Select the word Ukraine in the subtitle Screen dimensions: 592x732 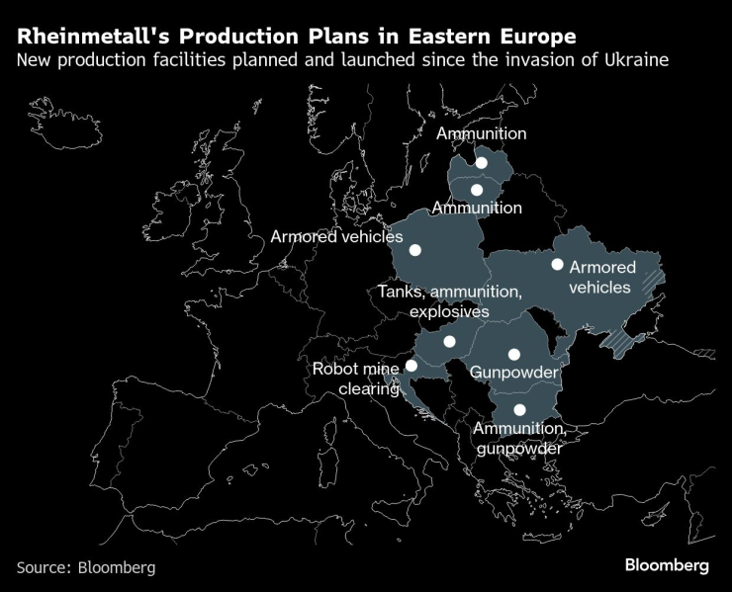tap(639, 61)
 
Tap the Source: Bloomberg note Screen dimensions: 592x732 tap(86, 567)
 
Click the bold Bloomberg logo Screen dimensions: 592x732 tap(666, 565)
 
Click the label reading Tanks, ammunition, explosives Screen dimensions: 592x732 tap(449, 301)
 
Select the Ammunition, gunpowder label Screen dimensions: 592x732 tap(518, 438)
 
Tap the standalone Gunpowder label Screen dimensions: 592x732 tap(513, 373)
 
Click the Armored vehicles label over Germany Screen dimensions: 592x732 tap(336, 236)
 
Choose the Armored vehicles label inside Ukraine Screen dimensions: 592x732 tap(601, 277)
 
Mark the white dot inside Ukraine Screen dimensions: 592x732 tap(557, 264)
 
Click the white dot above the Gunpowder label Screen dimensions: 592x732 tap(513, 354)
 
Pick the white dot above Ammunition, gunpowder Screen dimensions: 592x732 tap(519, 409)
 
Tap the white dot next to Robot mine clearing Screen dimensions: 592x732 tap(412, 365)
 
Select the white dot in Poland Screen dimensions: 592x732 tap(415, 251)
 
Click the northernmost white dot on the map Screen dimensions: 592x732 tap(482, 162)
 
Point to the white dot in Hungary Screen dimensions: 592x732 tap(449, 342)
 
